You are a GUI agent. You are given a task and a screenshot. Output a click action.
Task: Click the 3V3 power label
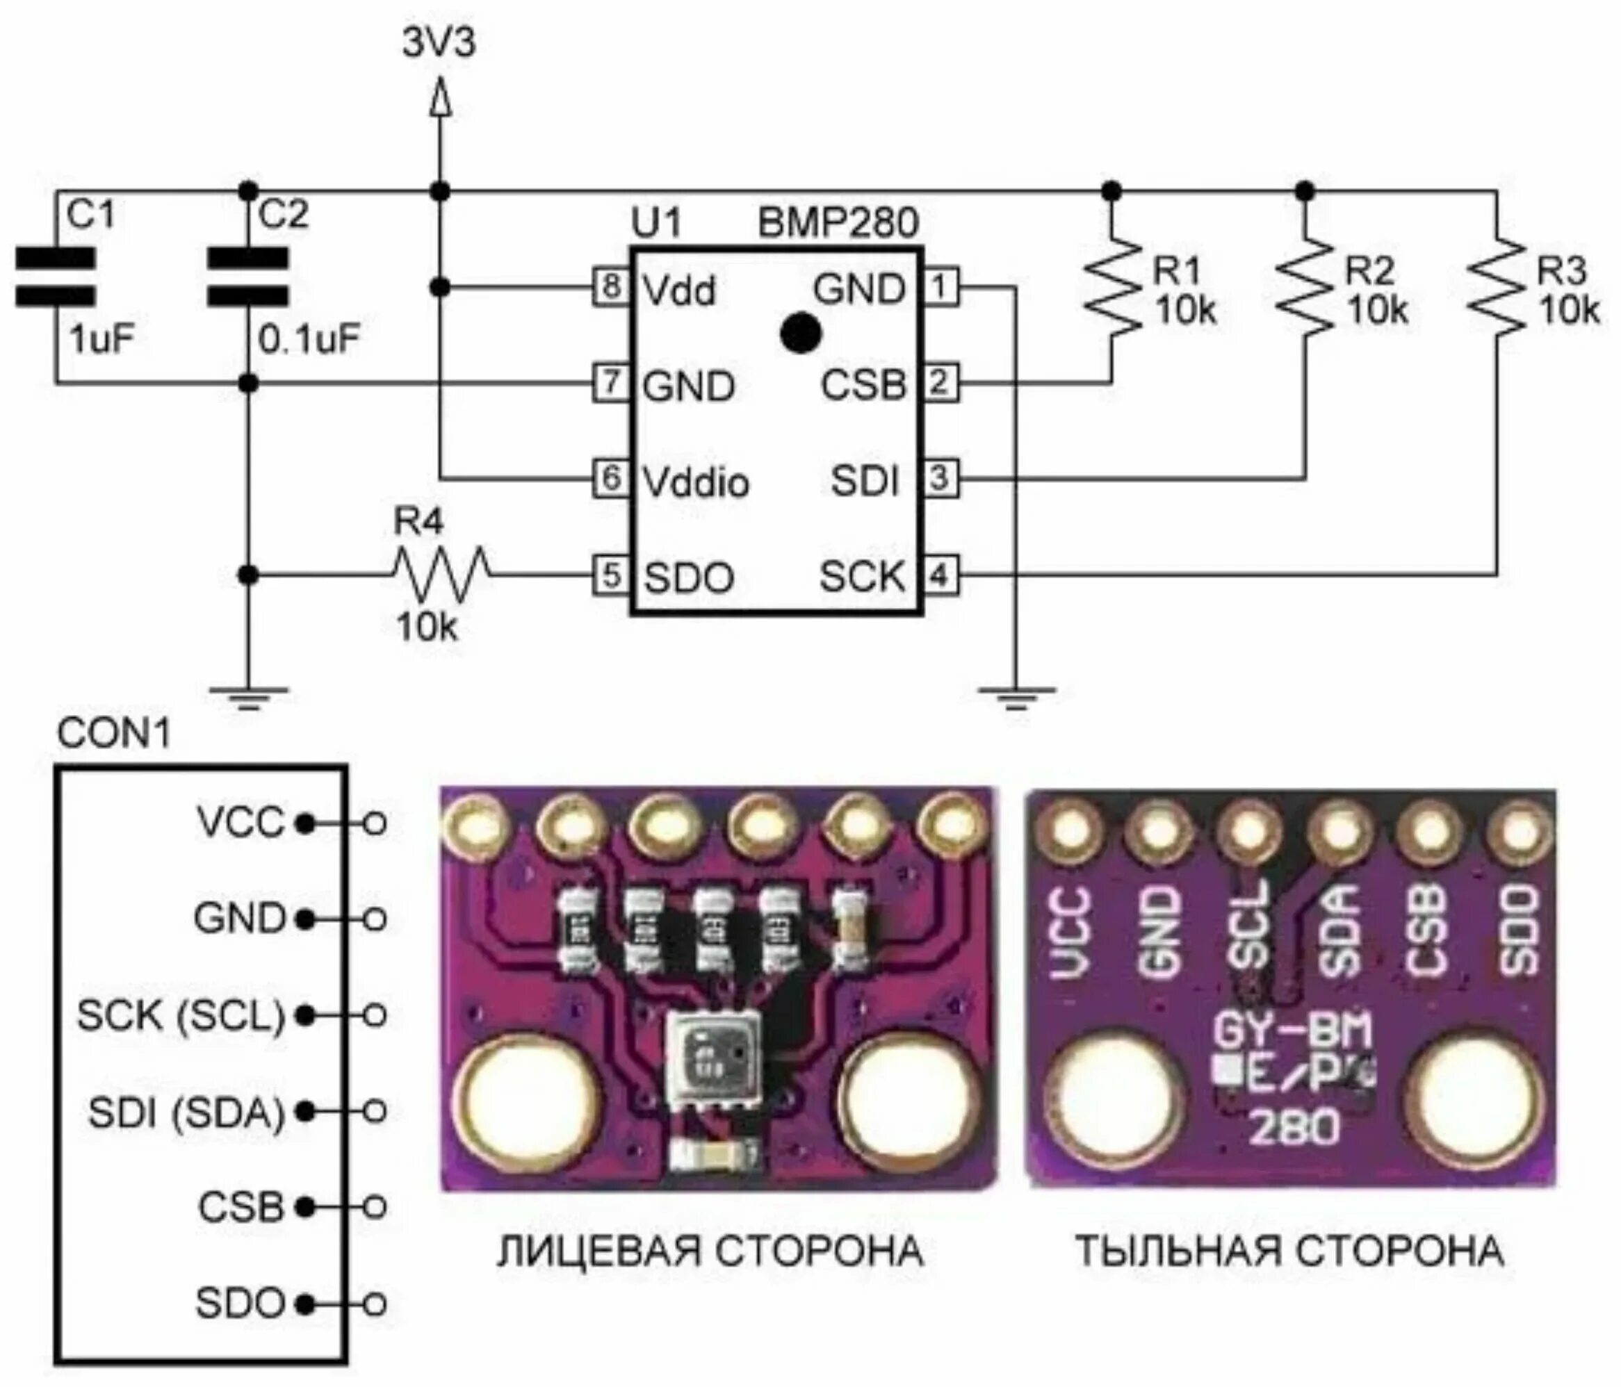[439, 44]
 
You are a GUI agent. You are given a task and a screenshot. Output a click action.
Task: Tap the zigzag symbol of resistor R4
[443, 575]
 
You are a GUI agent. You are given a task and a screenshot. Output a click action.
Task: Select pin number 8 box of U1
[611, 287]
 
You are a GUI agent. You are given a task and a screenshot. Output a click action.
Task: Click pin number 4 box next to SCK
[940, 576]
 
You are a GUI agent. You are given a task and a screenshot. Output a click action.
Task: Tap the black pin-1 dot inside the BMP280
[800, 332]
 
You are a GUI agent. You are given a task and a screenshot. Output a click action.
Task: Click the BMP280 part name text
[838, 224]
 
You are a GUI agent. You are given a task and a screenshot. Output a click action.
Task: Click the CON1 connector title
[113, 734]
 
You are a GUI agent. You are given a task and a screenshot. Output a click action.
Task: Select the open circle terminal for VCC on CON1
[375, 823]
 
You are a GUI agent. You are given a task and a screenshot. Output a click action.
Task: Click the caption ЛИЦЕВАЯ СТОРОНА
[710, 1251]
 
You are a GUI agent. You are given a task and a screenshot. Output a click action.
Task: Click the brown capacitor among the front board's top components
[849, 928]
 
